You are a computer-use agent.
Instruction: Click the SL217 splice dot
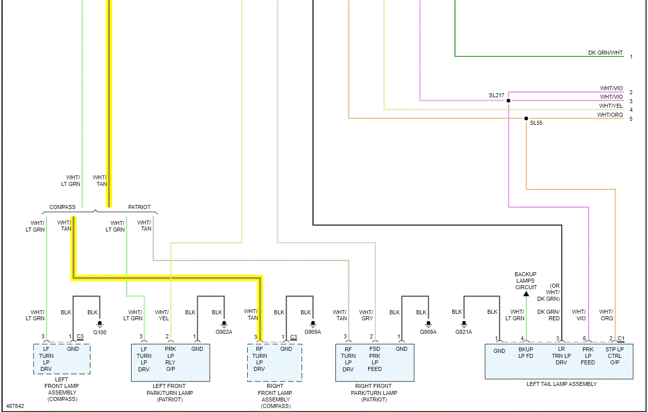click(x=508, y=101)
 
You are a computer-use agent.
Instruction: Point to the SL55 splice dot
click(x=526, y=119)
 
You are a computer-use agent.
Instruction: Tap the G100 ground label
click(x=100, y=332)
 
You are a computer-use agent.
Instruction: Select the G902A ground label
click(x=224, y=332)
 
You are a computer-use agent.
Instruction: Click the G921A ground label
click(x=463, y=332)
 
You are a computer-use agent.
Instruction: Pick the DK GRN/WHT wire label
click(x=605, y=53)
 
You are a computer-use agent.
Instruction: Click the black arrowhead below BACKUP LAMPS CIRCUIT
click(x=526, y=294)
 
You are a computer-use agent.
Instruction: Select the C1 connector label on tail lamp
click(x=621, y=338)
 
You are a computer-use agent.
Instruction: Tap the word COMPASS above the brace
click(x=63, y=207)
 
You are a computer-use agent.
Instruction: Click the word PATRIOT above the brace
click(x=139, y=207)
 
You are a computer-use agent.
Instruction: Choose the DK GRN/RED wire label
click(x=548, y=315)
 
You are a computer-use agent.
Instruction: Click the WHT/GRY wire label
click(x=366, y=315)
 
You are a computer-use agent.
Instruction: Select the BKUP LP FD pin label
click(x=525, y=353)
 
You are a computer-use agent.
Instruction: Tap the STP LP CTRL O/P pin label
click(x=614, y=356)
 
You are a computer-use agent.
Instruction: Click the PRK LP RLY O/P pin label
click(x=171, y=359)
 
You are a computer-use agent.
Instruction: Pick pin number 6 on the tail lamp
click(x=584, y=338)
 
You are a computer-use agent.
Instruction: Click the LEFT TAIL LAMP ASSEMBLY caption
click(x=561, y=384)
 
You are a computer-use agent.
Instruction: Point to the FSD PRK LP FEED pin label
click(x=375, y=359)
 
